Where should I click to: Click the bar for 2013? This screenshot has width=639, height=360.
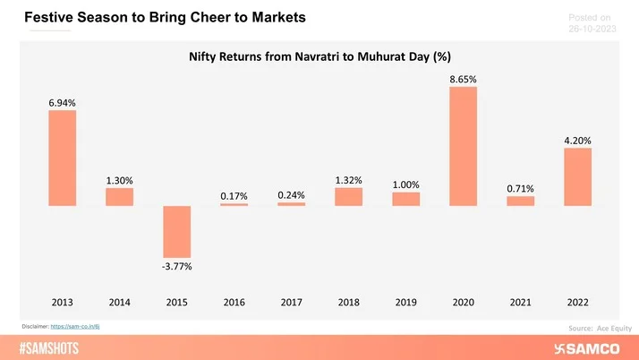[x=62, y=159]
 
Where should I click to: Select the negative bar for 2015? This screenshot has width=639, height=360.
[x=176, y=232]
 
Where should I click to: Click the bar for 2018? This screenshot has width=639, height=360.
[x=348, y=197]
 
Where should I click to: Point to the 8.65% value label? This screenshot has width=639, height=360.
[x=463, y=80]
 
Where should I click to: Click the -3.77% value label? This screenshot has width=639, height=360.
[x=176, y=266]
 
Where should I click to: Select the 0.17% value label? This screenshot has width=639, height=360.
[x=234, y=196]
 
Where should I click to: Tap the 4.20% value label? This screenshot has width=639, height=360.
[x=577, y=141]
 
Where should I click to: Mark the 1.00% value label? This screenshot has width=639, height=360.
[x=405, y=185]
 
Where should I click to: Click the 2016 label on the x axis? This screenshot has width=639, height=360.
[x=234, y=302]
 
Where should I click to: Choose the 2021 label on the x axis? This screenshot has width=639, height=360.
[x=520, y=302]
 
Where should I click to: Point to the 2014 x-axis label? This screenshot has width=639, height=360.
[x=119, y=302]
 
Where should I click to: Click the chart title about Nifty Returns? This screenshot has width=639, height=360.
[x=319, y=56]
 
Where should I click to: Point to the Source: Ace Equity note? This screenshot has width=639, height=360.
[x=592, y=329]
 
